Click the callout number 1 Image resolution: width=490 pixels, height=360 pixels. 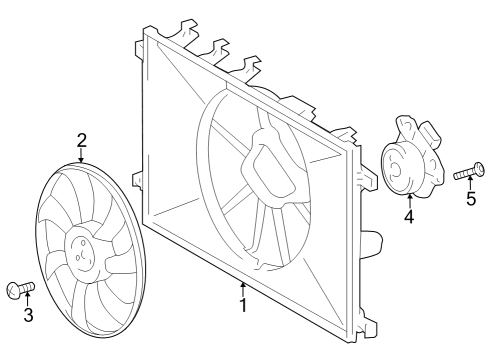point(242,303)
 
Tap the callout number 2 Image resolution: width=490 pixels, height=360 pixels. point(82,140)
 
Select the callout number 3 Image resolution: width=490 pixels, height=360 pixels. point(28,316)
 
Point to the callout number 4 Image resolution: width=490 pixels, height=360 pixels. point(409,216)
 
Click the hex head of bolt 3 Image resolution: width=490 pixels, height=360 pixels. point(13,291)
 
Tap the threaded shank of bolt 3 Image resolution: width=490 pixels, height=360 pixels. point(28,288)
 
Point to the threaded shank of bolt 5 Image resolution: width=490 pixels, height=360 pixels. point(463,174)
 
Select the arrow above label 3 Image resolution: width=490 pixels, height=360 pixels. point(28,301)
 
